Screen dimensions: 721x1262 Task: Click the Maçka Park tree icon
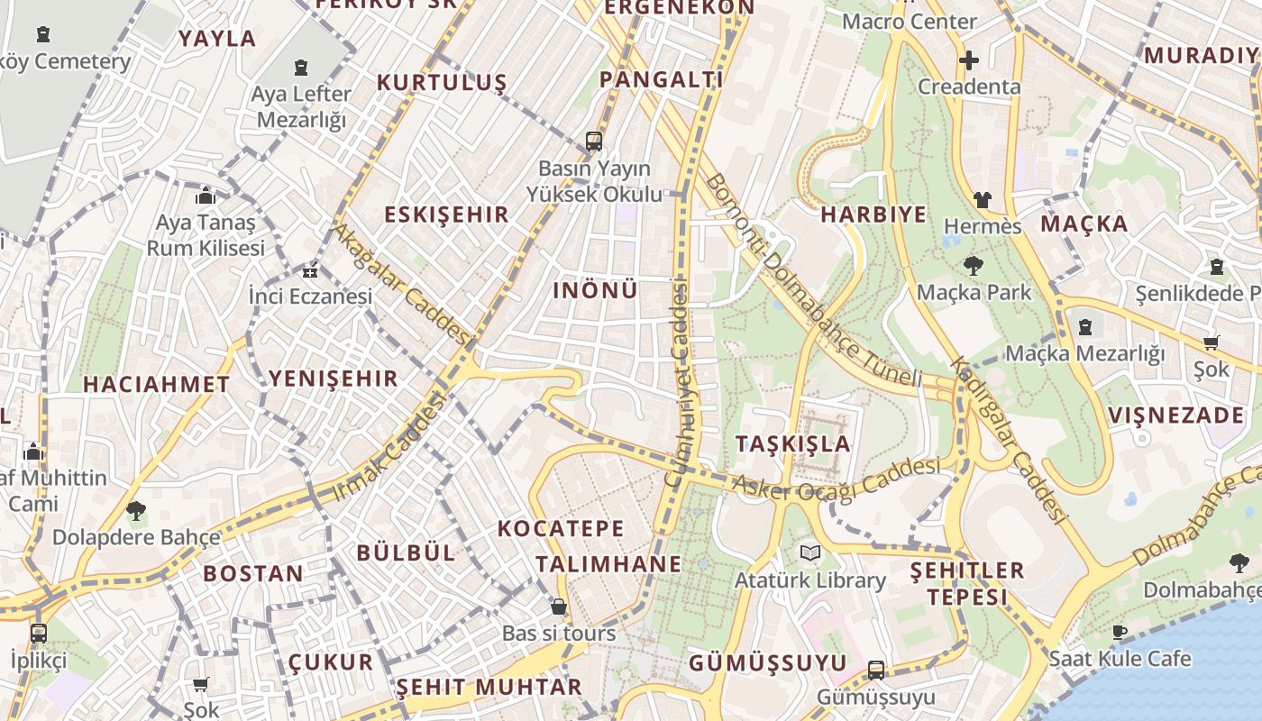[973, 265]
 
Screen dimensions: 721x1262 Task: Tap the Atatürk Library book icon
[810, 552]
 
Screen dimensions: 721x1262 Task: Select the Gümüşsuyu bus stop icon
[875, 670]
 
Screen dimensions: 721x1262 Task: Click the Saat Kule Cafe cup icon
[1120, 632]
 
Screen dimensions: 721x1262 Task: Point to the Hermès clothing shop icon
[982, 199]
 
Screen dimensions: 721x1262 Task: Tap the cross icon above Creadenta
[969, 60]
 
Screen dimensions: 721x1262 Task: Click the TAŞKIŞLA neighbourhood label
[792, 443]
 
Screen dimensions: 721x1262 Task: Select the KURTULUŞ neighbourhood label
[442, 83]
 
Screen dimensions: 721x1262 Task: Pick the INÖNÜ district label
[595, 290]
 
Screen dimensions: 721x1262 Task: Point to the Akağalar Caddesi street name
[402, 284]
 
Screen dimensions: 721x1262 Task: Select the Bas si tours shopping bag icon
[559, 607]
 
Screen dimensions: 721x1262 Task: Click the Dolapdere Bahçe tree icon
[136, 511]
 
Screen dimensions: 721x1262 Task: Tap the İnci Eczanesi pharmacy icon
[310, 270]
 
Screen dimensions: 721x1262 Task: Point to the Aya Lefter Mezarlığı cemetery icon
[301, 68]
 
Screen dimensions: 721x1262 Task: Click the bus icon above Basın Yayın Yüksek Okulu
[593, 141]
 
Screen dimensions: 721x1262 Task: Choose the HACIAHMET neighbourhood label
[157, 384]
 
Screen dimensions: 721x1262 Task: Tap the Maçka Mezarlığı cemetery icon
[1085, 327]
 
